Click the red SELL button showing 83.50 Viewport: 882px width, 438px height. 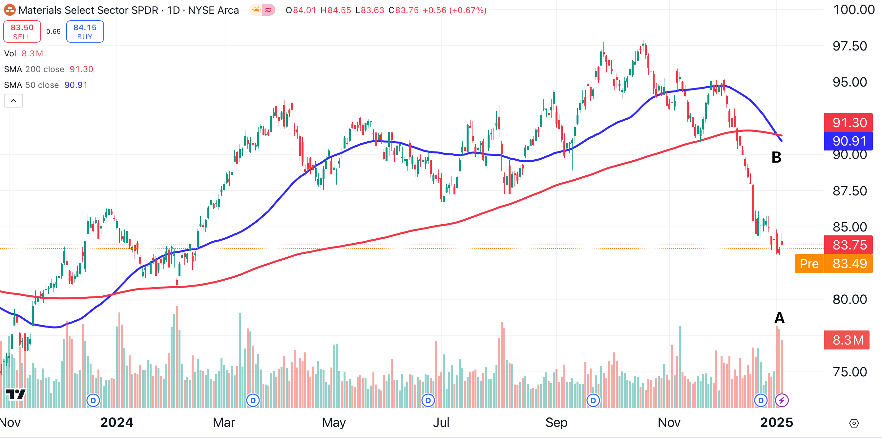point(22,31)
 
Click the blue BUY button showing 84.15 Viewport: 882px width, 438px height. point(85,31)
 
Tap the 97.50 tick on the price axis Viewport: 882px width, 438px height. point(850,46)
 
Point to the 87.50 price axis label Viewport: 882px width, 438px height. point(850,191)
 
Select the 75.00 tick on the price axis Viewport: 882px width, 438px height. point(850,372)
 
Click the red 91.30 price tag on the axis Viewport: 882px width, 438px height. point(848,123)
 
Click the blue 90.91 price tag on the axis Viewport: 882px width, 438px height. point(848,141)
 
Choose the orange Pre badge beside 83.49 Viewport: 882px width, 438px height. point(809,264)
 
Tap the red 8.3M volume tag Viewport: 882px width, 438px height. point(846,340)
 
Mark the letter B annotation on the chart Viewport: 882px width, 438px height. point(776,157)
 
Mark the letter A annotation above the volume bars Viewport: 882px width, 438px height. point(779,318)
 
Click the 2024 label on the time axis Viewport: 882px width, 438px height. point(116,423)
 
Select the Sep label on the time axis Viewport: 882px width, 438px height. point(556,423)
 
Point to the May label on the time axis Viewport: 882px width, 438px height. point(334,423)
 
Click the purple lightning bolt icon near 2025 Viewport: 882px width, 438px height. point(782,400)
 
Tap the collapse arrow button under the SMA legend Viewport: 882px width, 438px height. point(13,101)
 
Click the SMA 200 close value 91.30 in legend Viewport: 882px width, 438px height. point(81,69)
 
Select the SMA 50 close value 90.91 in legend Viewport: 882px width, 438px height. point(76,85)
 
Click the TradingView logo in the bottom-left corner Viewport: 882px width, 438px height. point(16,394)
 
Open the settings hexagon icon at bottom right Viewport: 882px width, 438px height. point(854,423)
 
